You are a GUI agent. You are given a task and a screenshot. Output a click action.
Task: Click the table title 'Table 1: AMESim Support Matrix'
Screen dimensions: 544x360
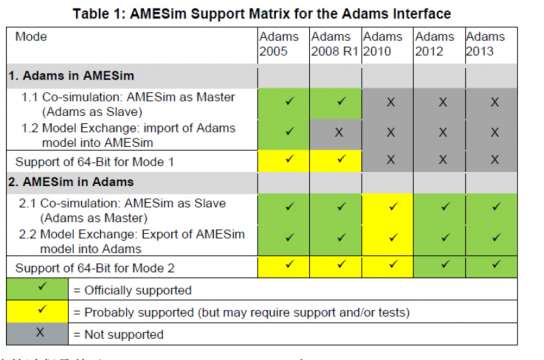point(272,13)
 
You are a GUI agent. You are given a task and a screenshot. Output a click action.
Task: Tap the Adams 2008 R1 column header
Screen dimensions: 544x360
point(333,44)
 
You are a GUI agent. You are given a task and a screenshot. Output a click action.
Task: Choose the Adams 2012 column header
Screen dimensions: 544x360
point(437,44)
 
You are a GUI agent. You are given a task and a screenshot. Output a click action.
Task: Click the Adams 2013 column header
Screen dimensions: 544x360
point(489,44)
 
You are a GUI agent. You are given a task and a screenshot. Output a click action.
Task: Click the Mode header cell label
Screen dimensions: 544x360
point(33,37)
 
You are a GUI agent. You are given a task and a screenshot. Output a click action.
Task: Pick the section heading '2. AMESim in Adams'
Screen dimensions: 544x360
point(76,182)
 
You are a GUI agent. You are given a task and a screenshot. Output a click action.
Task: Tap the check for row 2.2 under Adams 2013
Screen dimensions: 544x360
point(492,237)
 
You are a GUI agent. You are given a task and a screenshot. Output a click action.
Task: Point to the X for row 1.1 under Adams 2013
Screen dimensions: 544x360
point(492,101)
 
